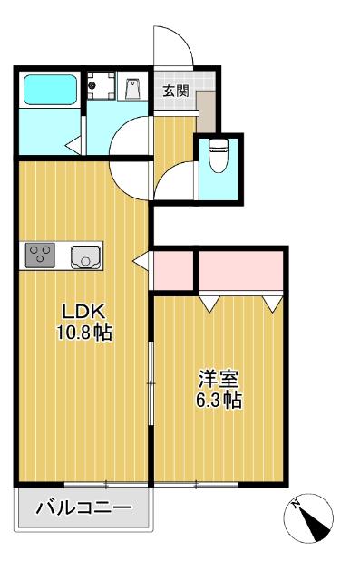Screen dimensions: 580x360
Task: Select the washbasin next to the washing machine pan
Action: pyautogui.click(x=132, y=89)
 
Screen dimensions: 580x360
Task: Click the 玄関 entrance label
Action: pyautogui.click(x=175, y=91)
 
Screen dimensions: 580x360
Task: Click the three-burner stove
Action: pyautogui.click(x=41, y=255)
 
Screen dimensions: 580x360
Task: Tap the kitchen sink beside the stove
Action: pyautogui.click(x=85, y=256)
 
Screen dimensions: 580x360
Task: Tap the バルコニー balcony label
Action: pyautogui.click(x=83, y=508)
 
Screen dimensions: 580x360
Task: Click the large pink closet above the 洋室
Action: pyautogui.click(x=240, y=268)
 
